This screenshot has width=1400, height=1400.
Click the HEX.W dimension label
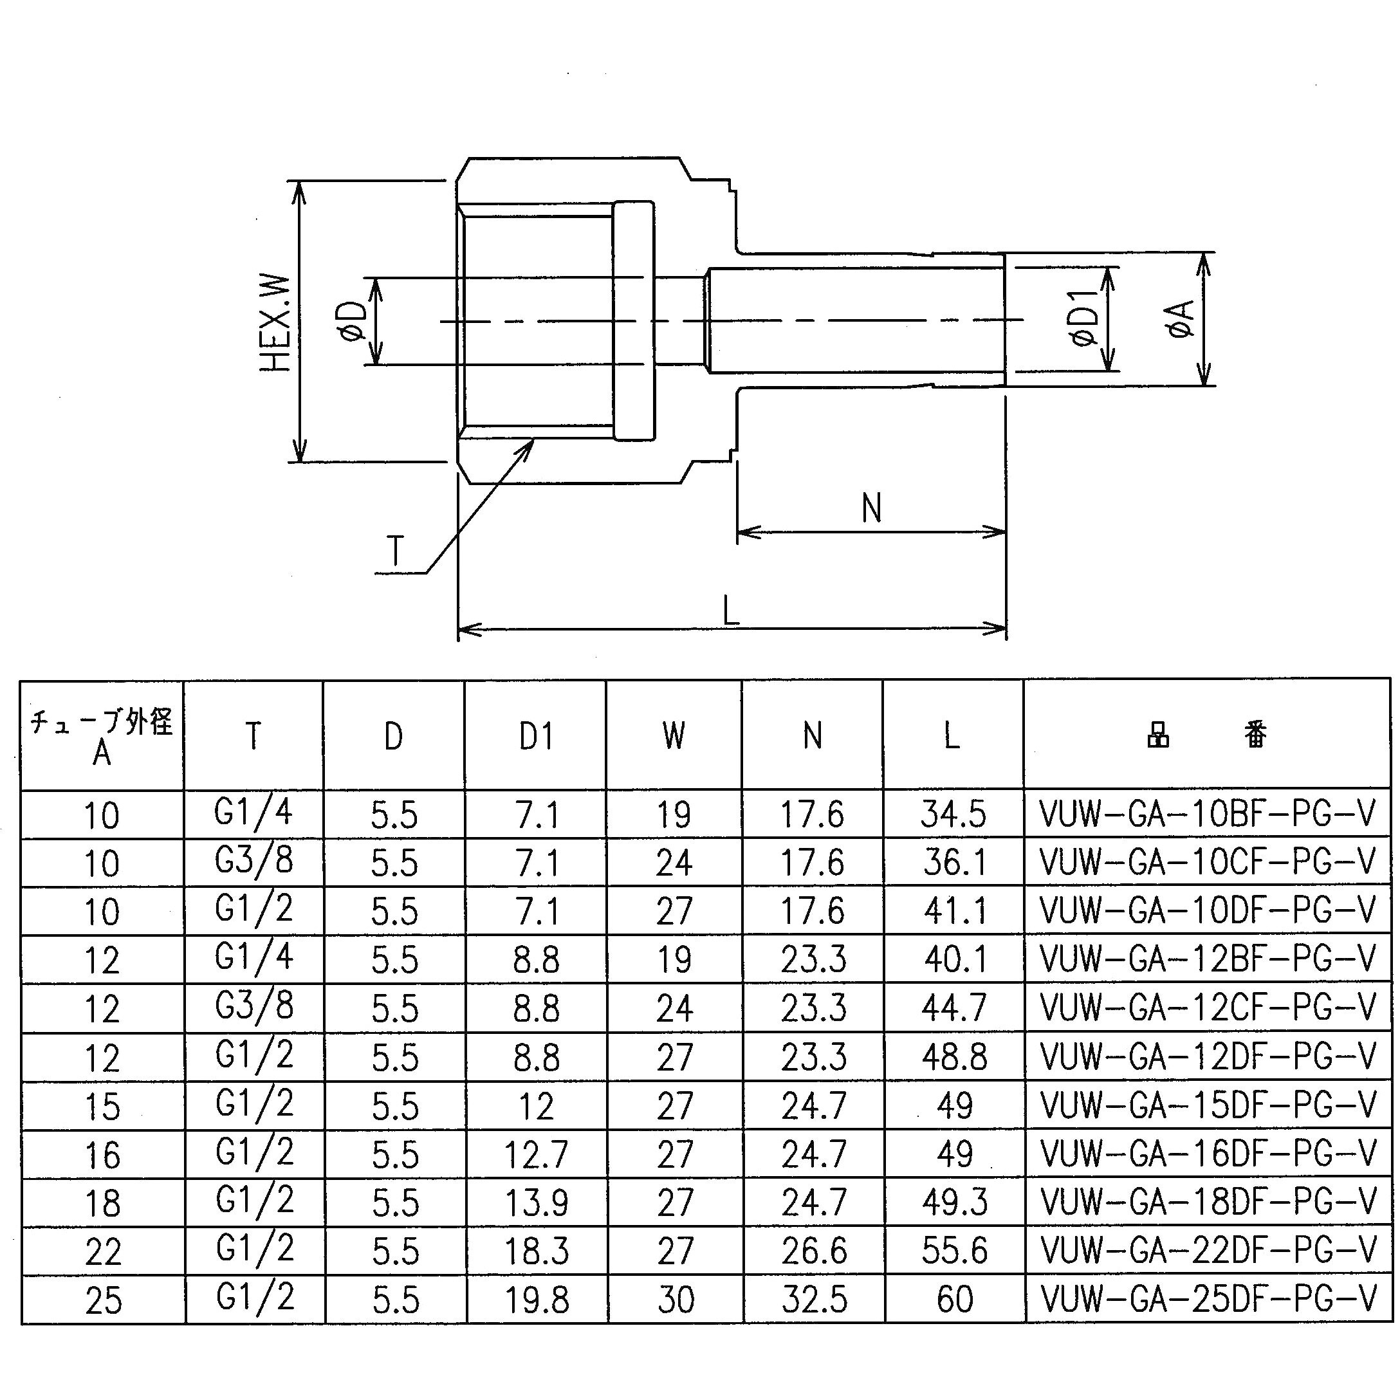[x=277, y=322]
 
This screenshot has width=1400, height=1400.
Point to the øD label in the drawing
[x=353, y=322]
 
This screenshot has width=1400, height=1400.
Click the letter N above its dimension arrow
[x=872, y=508]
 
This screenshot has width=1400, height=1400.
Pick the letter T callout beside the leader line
[x=396, y=551]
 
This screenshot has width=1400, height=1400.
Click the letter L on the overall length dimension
[x=731, y=610]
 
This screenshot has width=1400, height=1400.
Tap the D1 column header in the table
[x=536, y=736]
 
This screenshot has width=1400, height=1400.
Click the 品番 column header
[x=1207, y=735]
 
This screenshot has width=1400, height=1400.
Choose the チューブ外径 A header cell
[x=102, y=736]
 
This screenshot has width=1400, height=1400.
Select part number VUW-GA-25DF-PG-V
[x=1209, y=1298]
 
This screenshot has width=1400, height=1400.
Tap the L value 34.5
[x=953, y=815]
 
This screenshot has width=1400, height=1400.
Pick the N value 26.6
[x=814, y=1251]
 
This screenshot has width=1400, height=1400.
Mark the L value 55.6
[x=954, y=1250]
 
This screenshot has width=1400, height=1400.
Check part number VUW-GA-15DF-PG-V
[x=1209, y=1105]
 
